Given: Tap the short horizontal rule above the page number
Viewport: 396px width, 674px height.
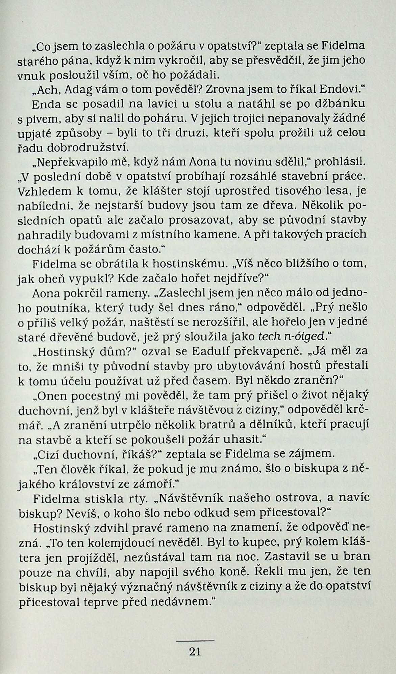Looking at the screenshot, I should [196, 641].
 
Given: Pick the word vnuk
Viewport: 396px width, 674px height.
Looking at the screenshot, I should [30, 75].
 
